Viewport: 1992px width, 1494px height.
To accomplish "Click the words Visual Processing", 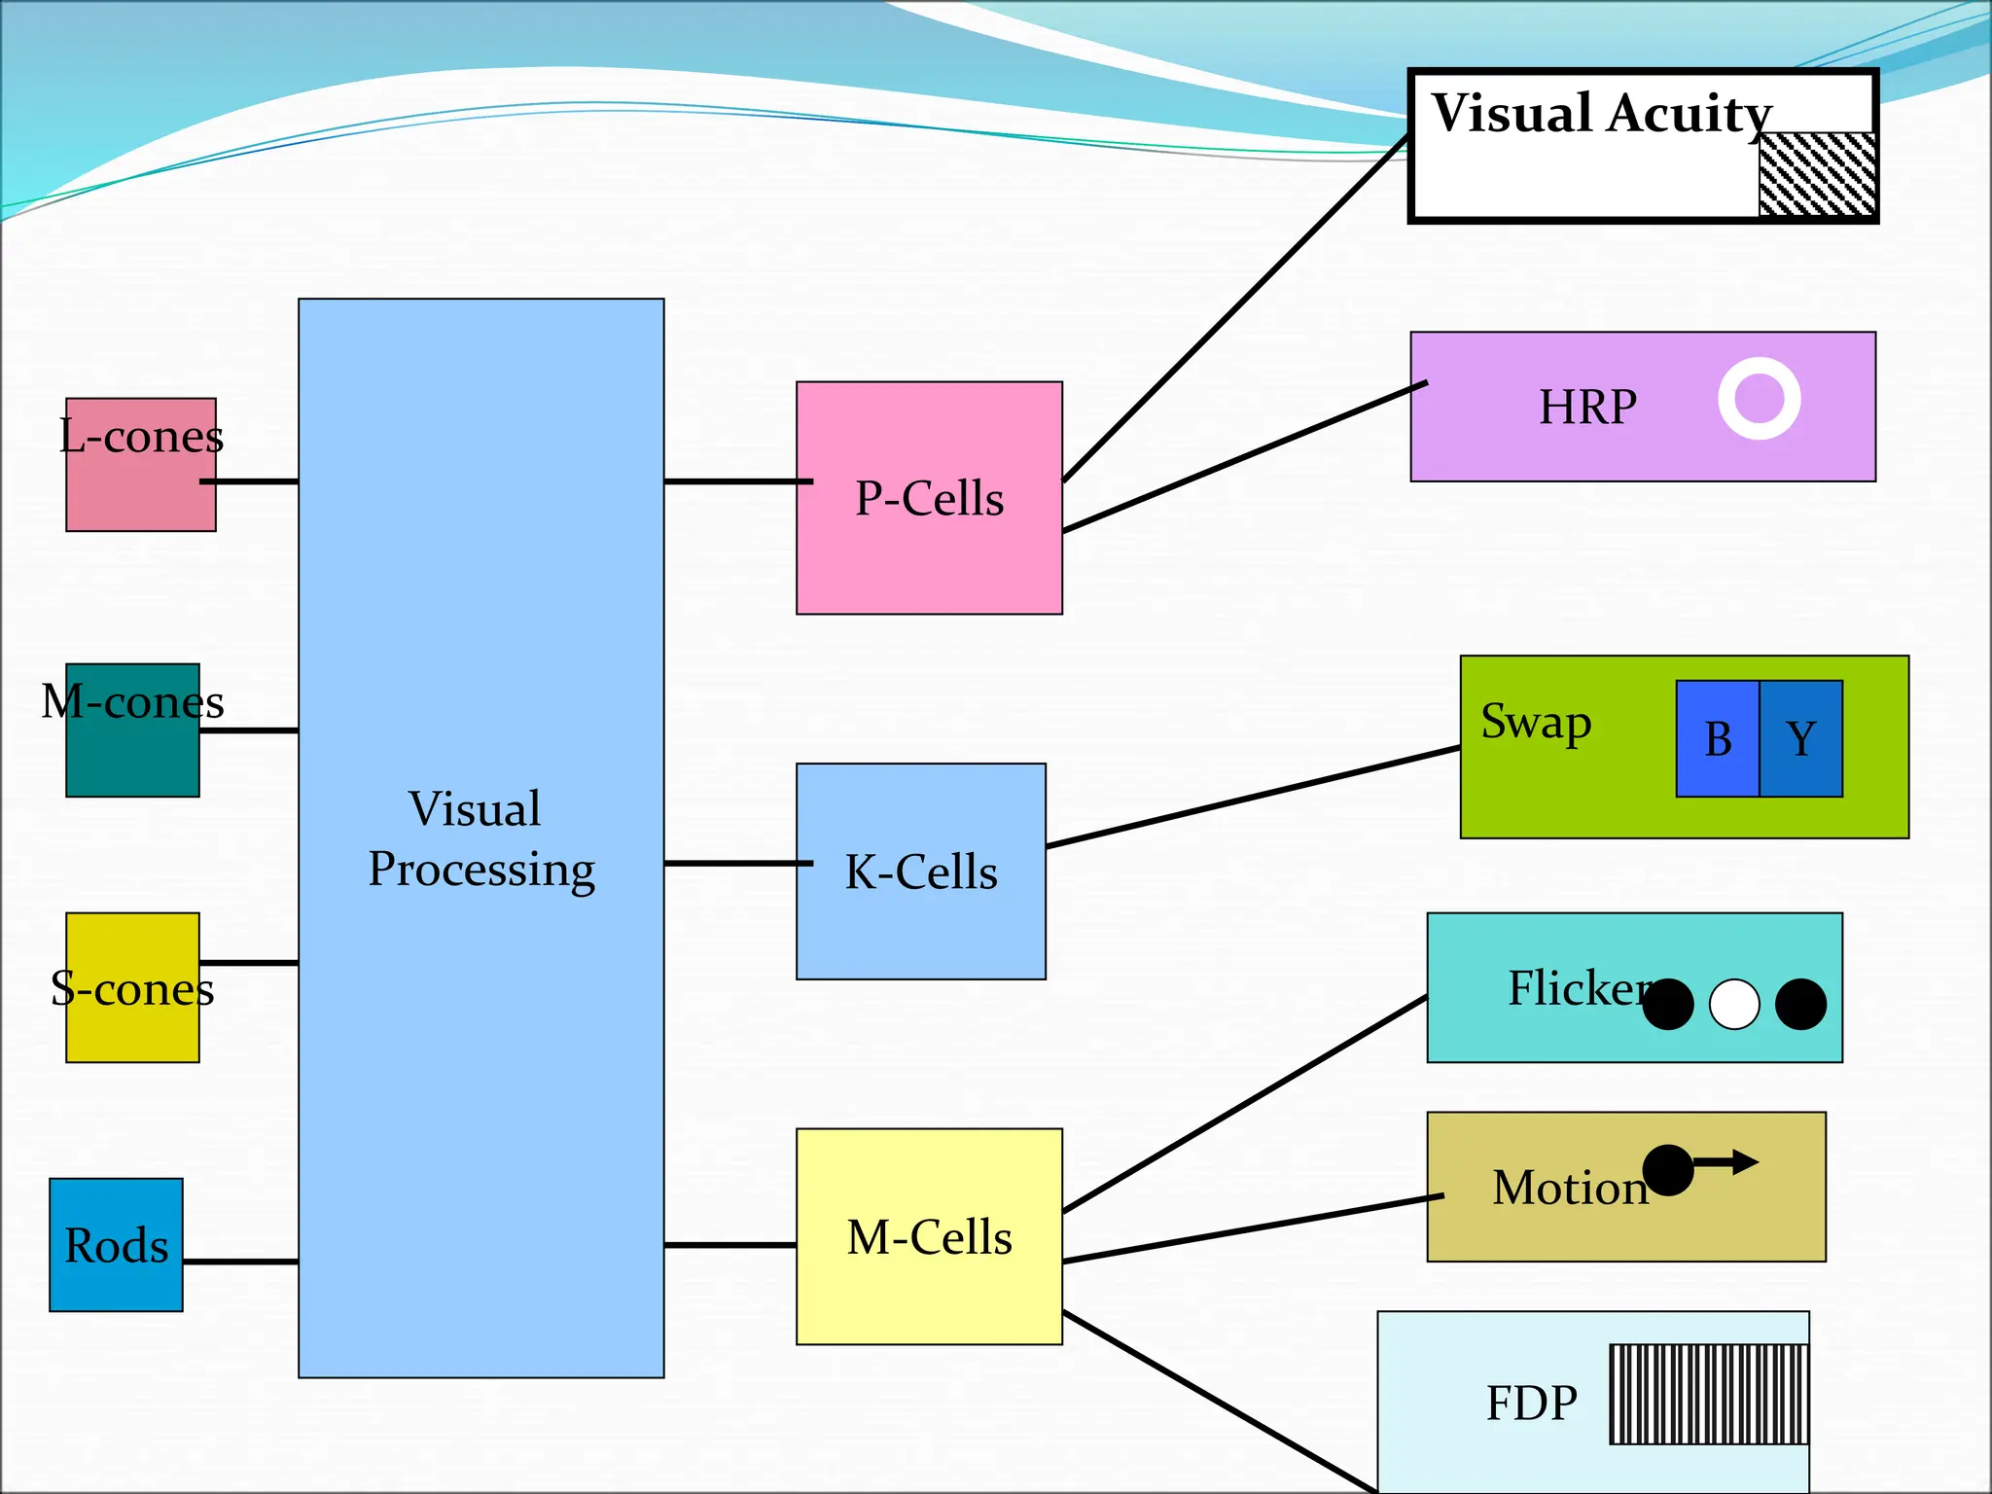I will coord(480,838).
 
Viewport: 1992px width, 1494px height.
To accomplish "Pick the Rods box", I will coord(116,1245).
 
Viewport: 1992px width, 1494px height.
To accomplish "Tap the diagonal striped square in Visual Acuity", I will coord(1817,175).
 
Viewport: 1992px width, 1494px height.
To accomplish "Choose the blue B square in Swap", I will coord(1718,739).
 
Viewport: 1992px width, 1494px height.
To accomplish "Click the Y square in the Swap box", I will coord(1801,739).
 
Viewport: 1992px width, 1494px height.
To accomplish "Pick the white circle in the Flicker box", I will coord(1734,1004).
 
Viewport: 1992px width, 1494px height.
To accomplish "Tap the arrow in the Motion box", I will coord(1727,1162).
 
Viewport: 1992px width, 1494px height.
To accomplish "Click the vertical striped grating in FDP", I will coord(1708,1395).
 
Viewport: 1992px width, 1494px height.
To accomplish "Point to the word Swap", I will coord(1536,722).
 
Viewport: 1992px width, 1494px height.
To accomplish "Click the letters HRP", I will coord(1587,407).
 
